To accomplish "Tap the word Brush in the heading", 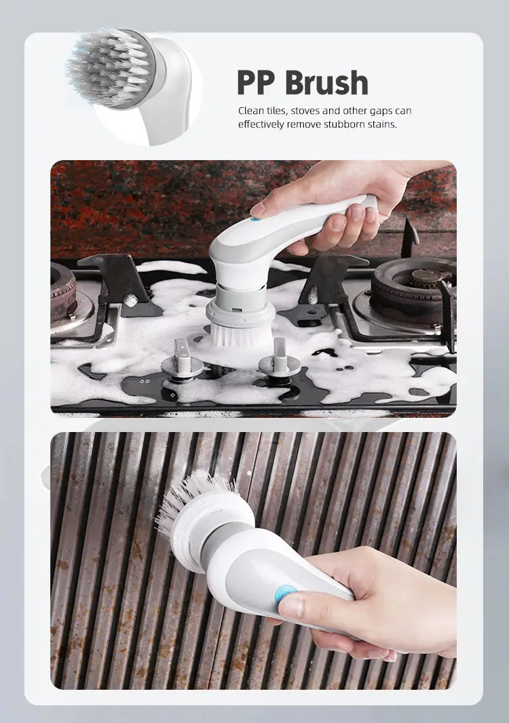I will [x=326, y=83].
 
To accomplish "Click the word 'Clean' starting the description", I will [x=250, y=111].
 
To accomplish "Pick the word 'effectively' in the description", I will [x=261, y=124].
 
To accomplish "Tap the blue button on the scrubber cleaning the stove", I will [x=255, y=218].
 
